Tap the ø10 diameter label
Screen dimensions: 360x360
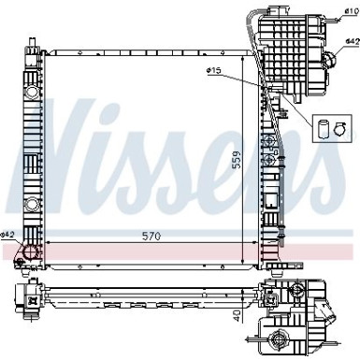(348, 10)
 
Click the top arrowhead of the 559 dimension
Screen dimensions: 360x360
(242, 49)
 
